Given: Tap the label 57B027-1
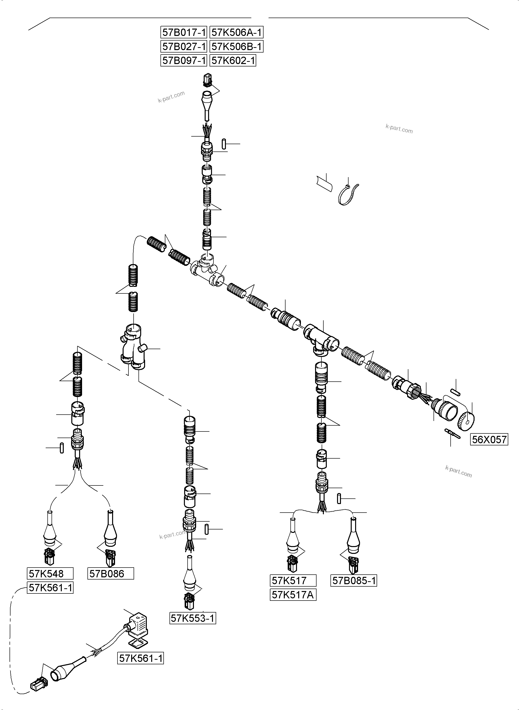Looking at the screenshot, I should point(184,46).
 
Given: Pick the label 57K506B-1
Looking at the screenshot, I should point(236,46).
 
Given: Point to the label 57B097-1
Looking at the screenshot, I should point(184,60).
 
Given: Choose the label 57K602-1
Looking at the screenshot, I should point(233,60).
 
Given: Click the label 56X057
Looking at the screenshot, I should point(489,439).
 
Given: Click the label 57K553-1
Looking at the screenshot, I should point(193,618).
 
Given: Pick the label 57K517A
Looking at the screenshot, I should point(293,595).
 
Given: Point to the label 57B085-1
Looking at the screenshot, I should point(354,581).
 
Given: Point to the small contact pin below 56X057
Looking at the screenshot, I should point(452,434).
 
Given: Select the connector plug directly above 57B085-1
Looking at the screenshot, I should point(354,565).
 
